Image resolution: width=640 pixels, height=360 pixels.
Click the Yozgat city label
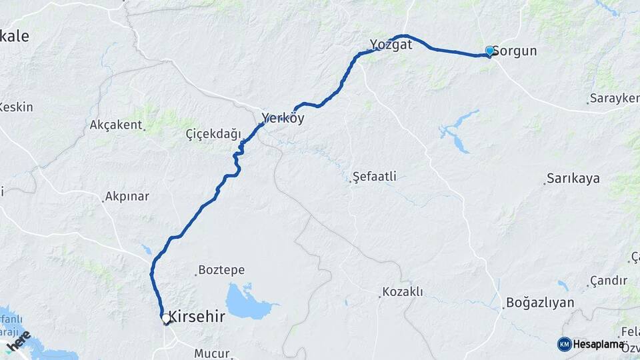[391, 45]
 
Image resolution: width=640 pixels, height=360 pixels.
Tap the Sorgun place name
[515, 51]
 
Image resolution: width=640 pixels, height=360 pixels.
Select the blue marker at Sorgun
[490, 51]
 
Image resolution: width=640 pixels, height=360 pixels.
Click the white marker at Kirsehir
[166, 319]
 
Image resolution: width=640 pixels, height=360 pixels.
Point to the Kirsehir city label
[196, 317]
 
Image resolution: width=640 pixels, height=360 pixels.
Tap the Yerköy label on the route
[283, 118]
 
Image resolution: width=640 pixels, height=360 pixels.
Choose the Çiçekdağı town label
[213, 134]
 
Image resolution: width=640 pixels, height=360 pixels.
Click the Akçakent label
[116, 125]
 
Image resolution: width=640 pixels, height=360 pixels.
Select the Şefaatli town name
[375, 177]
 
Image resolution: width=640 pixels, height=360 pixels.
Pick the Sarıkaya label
[573, 179]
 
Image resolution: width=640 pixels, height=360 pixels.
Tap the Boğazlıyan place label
[540, 303]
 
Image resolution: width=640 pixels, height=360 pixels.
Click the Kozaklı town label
[402, 292]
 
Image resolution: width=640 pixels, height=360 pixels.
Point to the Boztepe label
[222, 271]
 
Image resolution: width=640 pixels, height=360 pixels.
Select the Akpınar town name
[127, 197]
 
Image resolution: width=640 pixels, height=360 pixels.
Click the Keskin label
[16, 107]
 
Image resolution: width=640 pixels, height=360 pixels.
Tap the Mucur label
[211, 353]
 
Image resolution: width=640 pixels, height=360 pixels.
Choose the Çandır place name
[609, 281]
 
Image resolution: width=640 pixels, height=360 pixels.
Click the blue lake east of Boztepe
[247, 303]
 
